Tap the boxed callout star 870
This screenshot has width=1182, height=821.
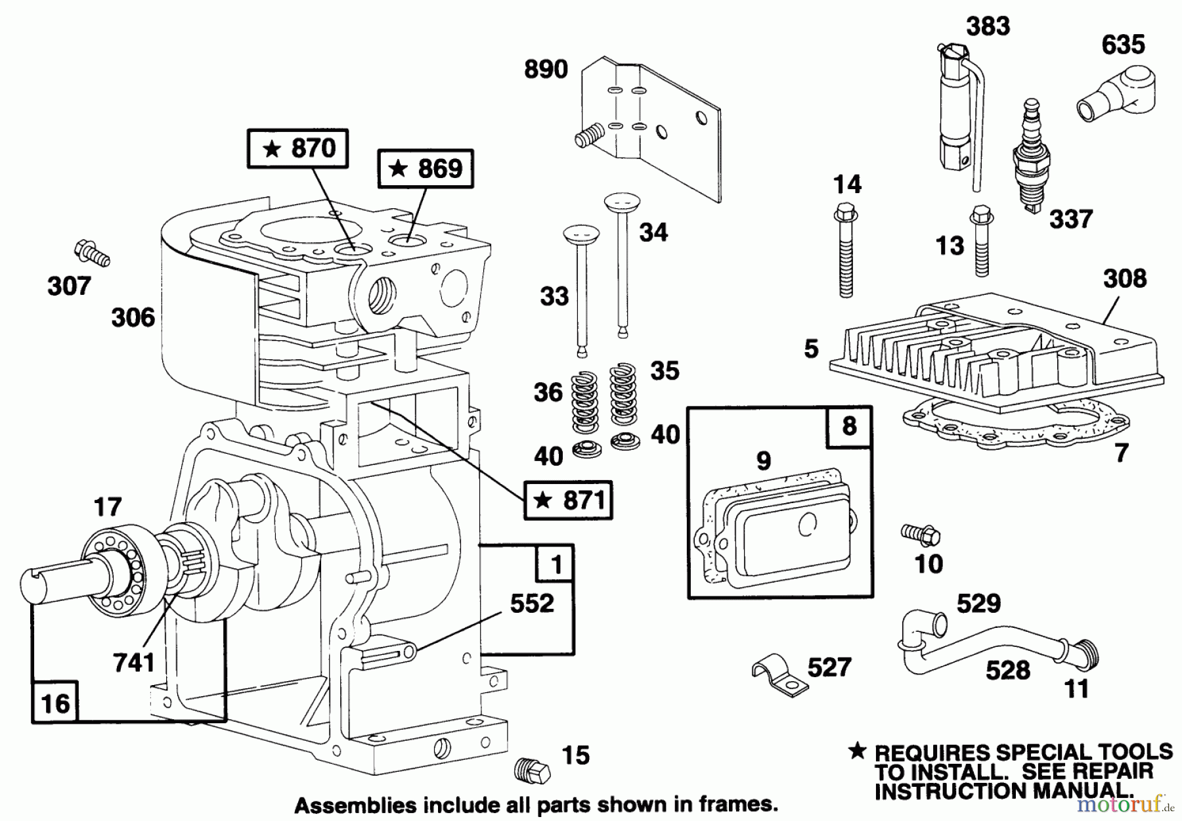pyautogui.click(x=297, y=148)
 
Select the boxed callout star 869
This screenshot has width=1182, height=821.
pyautogui.click(x=426, y=169)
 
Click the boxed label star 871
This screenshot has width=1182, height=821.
pyautogui.click(x=569, y=501)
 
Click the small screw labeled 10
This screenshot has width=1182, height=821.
pyautogui.click(x=921, y=533)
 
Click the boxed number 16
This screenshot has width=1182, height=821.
pyautogui.click(x=55, y=703)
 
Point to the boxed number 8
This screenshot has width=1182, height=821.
pyautogui.click(x=849, y=426)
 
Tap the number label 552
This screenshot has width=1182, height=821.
pyautogui.click(x=531, y=603)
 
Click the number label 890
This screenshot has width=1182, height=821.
pyautogui.click(x=546, y=69)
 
